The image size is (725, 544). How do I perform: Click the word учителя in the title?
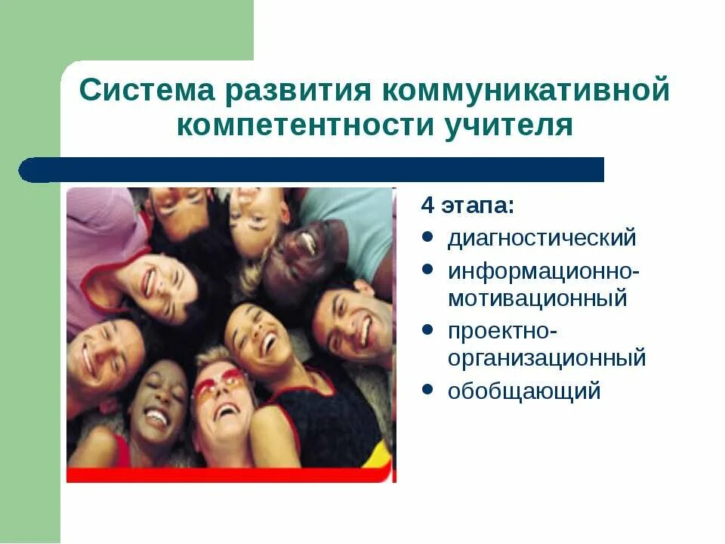click(x=511, y=125)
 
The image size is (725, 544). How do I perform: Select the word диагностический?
click(x=542, y=238)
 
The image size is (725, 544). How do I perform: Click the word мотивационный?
click(x=537, y=298)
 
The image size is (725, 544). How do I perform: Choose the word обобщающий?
click(x=524, y=391)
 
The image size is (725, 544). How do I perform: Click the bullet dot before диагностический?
click(x=427, y=237)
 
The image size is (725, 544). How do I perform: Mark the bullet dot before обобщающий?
click(x=427, y=390)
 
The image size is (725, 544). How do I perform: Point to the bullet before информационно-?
click(x=427, y=269)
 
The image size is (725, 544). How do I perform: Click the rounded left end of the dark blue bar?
click(x=29, y=170)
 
